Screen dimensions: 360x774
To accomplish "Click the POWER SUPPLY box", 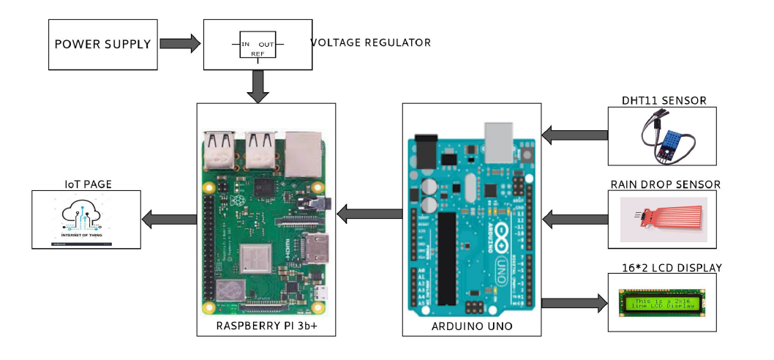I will pos(103,44).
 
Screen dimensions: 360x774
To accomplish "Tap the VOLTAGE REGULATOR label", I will pos(372,42).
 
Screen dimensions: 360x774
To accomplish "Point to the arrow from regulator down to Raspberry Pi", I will pos(258,86).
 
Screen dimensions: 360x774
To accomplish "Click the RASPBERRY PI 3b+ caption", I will pos(266,326).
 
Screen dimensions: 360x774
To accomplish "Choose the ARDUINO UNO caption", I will pos(472,326).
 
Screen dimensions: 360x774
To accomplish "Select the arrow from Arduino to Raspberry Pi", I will pos(369,214).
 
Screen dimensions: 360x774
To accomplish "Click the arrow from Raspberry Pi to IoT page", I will pos(170,219).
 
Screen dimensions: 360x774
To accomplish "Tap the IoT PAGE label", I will pos(87,184).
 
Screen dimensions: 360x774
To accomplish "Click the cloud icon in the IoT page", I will pos(86,215).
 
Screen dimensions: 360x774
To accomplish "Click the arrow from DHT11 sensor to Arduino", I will pos(575,135).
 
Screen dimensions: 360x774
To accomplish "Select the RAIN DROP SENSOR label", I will pos(666,184).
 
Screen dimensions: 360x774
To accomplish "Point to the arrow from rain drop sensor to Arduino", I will pos(575,218).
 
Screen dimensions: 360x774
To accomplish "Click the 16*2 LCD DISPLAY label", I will pos(666,268).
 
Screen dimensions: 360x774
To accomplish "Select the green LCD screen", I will pos(663,302).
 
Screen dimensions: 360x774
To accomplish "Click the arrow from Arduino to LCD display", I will pos(575,301).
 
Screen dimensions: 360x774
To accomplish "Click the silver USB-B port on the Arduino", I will pos(500,142).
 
